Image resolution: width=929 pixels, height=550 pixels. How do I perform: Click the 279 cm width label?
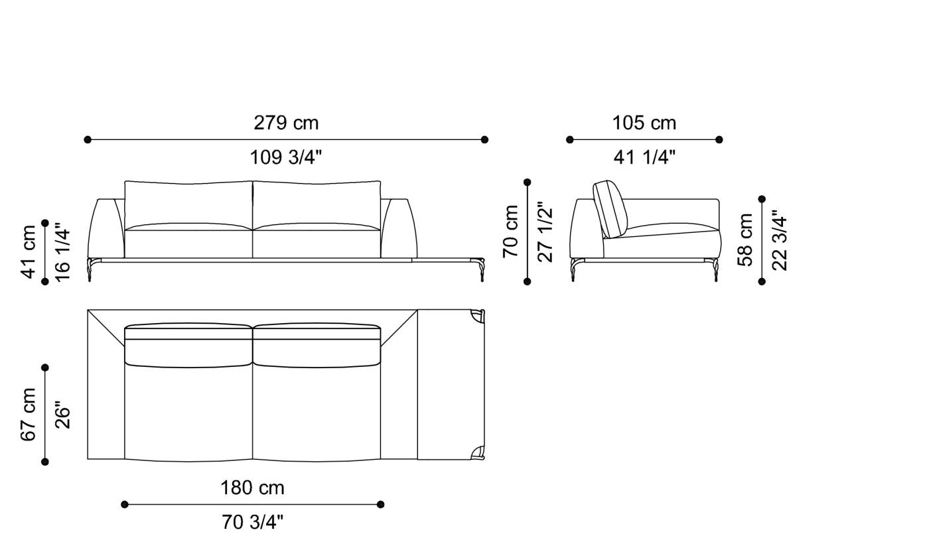(x=286, y=123)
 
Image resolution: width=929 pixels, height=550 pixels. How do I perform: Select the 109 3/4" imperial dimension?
(x=286, y=158)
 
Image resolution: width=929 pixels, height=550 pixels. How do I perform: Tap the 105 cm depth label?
(x=644, y=123)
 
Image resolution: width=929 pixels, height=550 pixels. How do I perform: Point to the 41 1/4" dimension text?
(x=644, y=158)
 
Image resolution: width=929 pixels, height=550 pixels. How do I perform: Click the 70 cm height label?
(x=511, y=231)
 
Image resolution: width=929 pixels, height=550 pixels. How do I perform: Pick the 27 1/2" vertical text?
(x=545, y=232)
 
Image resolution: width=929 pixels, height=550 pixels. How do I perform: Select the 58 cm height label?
(x=746, y=240)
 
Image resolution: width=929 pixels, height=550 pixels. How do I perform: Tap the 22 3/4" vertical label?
(x=780, y=243)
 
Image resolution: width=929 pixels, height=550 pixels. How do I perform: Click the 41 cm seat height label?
(x=29, y=251)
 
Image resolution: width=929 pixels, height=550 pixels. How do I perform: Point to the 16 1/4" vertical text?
(x=62, y=252)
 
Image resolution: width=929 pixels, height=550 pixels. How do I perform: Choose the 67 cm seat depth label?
(x=29, y=415)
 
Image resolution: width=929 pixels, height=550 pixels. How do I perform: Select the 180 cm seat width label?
(x=252, y=488)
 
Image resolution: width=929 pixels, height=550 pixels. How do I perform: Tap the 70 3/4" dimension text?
(x=252, y=523)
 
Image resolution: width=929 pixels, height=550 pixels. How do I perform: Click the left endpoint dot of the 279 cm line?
(x=88, y=140)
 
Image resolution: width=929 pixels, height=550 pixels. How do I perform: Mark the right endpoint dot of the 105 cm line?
(x=719, y=140)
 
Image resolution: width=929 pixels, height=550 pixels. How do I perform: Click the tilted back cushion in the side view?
(x=609, y=208)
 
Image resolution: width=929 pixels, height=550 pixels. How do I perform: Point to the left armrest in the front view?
(x=106, y=229)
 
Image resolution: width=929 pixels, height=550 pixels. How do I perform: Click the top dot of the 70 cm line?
(x=528, y=182)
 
